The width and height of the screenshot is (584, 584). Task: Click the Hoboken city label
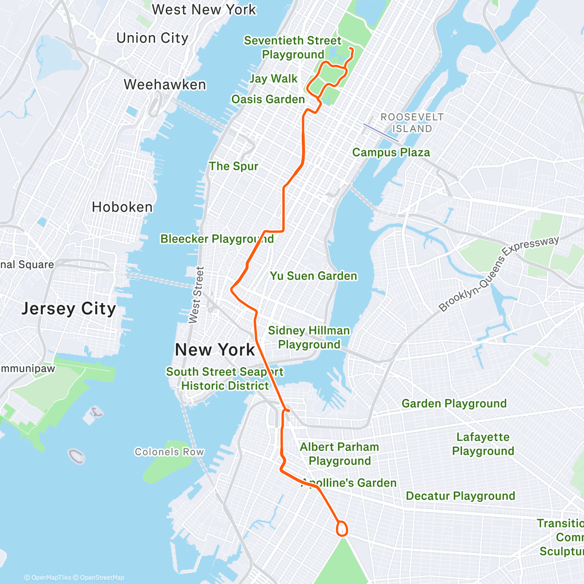tap(122, 207)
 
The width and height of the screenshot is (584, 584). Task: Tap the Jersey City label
tap(69, 309)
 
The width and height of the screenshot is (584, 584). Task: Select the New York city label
tap(215, 349)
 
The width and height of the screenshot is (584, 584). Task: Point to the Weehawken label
tap(165, 85)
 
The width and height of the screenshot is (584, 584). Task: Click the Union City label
tap(152, 38)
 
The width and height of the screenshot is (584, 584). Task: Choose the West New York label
tap(204, 10)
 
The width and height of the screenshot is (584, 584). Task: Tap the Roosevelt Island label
tap(412, 123)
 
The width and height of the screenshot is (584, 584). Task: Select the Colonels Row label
tap(169, 452)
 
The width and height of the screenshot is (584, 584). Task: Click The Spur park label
tap(234, 166)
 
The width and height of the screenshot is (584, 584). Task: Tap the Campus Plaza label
tap(391, 152)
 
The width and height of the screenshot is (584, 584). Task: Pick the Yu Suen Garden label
tap(313, 276)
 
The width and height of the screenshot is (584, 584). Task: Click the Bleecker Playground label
tap(217, 239)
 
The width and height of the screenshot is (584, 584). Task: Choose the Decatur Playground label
tap(460, 496)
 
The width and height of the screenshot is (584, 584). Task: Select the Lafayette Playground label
tap(483, 444)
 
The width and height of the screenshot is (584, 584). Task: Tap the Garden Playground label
tap(454, 403)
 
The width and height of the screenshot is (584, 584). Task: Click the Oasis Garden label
tap(268, 99)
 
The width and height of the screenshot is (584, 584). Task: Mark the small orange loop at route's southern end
tap(343, 529)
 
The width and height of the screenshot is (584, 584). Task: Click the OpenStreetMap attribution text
tap(102, 578)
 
